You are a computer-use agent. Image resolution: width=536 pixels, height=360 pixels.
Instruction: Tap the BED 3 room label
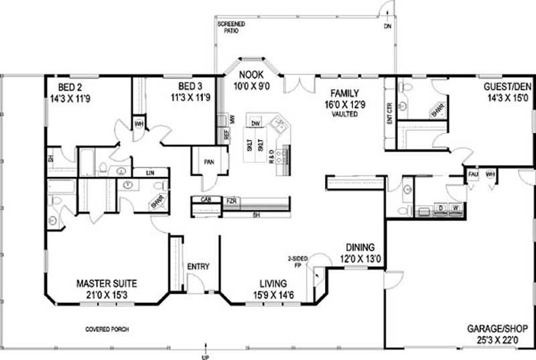pyautogui.click(x=191, y=87)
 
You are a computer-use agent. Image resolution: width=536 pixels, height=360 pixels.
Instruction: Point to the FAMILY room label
pyautogui.click(x=343, y=93)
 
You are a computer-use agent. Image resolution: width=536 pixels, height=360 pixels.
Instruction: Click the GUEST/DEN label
pyautogui.click(x=506, y=87)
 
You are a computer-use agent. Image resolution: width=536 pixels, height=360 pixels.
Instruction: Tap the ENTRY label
pyautogui.click(x=198, y=267)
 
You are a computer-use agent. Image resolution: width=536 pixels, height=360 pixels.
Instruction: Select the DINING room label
pyautogui.click(x=360, y=247)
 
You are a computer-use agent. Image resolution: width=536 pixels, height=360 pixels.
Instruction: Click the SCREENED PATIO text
pyautogui.click(x=231, y=27)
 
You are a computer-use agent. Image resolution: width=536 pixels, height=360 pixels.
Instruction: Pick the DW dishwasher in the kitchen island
pyautogui.click(x=255, y=123)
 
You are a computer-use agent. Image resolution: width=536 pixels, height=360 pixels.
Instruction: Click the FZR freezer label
pyautogui.click(x=231, y=200)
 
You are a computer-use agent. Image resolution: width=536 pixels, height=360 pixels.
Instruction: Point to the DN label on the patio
pyautogui.click(x=387, y=27)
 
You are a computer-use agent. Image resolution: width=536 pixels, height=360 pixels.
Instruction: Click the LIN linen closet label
pyautogui.click(x=150, y=173)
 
